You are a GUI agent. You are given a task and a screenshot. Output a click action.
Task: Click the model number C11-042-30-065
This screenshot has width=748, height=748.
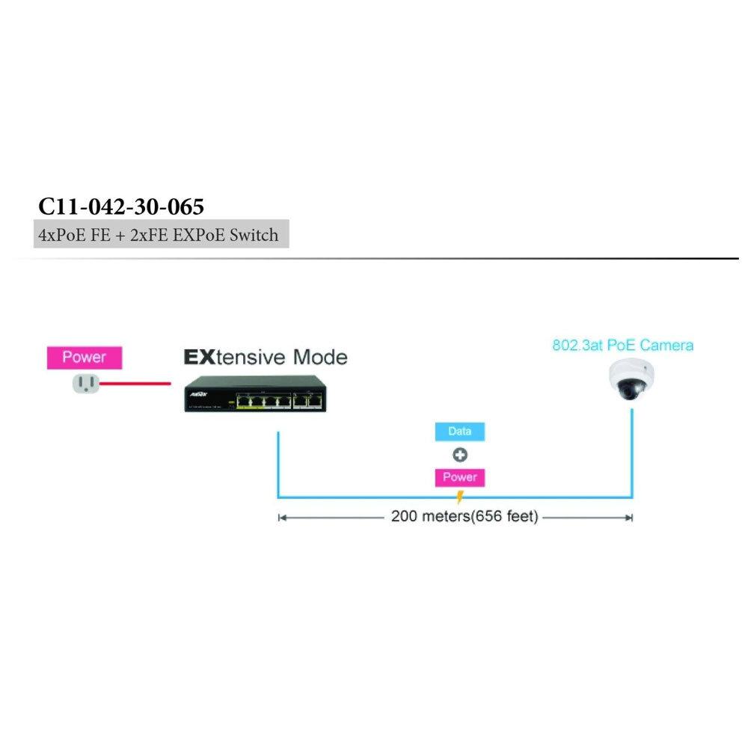point(120,206)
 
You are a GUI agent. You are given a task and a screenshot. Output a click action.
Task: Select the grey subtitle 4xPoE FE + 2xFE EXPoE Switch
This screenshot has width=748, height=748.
point(158,235)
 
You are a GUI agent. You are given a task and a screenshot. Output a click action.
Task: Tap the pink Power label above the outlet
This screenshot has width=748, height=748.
point(84,358)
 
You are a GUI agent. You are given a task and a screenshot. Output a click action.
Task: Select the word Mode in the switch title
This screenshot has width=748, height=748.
point(319,357)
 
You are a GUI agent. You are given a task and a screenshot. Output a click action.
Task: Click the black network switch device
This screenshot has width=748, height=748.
point(254,393)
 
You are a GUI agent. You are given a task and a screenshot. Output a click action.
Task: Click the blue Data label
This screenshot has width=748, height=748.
point(460,432)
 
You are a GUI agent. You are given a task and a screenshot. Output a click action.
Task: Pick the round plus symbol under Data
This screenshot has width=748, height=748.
point(460,455)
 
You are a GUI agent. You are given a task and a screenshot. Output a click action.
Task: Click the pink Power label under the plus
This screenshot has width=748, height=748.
point(460,477)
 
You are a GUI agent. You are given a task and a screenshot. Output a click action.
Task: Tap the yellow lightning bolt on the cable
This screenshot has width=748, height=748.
point(460,497)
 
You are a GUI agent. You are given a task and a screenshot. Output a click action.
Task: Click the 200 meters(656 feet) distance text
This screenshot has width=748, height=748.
point(464,517)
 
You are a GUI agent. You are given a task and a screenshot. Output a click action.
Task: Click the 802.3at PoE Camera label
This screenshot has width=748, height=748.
point(622,346)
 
